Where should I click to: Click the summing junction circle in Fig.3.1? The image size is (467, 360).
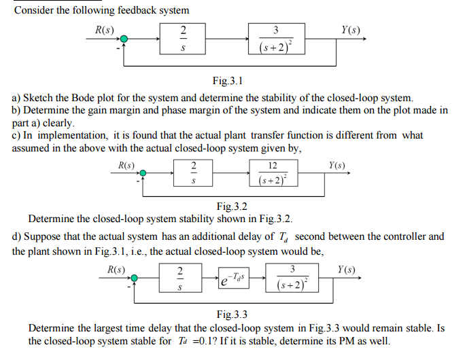pyautogui.click(x=124, y=39)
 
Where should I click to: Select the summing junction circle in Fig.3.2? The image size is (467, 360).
pyautogui.click(x=144, y=173)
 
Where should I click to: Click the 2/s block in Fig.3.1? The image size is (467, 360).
pyautogui.click(x=182, y=39)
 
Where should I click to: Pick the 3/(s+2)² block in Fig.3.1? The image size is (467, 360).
pyautogui.click(x=275, y=39)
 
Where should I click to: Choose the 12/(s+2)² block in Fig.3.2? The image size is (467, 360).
pyautogui.click(x=272, y=173)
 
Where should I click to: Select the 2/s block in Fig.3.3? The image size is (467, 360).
pyautogui.click(x=179, y=278)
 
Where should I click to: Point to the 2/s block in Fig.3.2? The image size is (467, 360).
pyautogui.click(x=194, y=173)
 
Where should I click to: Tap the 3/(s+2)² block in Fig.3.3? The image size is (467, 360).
pyautogui.click(x=292, y=278)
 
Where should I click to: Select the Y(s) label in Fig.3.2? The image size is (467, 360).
pyautogui.click(x=337, y=165)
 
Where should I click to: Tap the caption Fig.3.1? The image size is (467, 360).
pyautogui.click(x=228, y=81)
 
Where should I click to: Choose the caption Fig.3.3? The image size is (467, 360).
pyautogui.click(x=232, y=314)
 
